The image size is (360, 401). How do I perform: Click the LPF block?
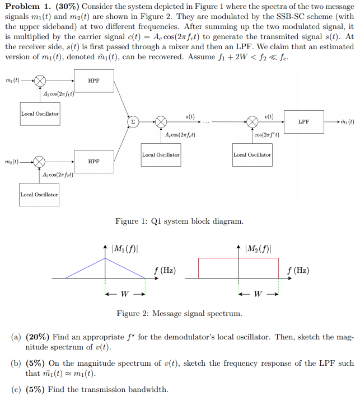click(x=303, y=121)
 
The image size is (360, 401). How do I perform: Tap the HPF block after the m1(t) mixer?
click(x=93, y=81)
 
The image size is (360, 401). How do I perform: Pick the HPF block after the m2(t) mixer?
click(x=93, y=162)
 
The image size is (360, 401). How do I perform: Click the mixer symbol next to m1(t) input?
click(x=40, y=81)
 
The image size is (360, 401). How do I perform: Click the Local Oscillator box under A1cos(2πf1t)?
click(x=40, y=114)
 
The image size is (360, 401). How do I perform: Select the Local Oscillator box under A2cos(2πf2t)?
click(x=39, y=195)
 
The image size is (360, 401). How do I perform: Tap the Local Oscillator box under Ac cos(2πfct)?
click(x=161, y=154)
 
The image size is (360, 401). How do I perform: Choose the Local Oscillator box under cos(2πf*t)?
click(x=252, y=154)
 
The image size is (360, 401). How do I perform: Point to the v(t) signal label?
click(x=269, y=116)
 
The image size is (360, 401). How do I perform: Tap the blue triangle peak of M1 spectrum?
click(x=105, y=258)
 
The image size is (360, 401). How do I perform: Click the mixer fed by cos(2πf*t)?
click(x=252, y=121)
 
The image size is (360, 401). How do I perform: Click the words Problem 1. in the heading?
click(x=29, y=7)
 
